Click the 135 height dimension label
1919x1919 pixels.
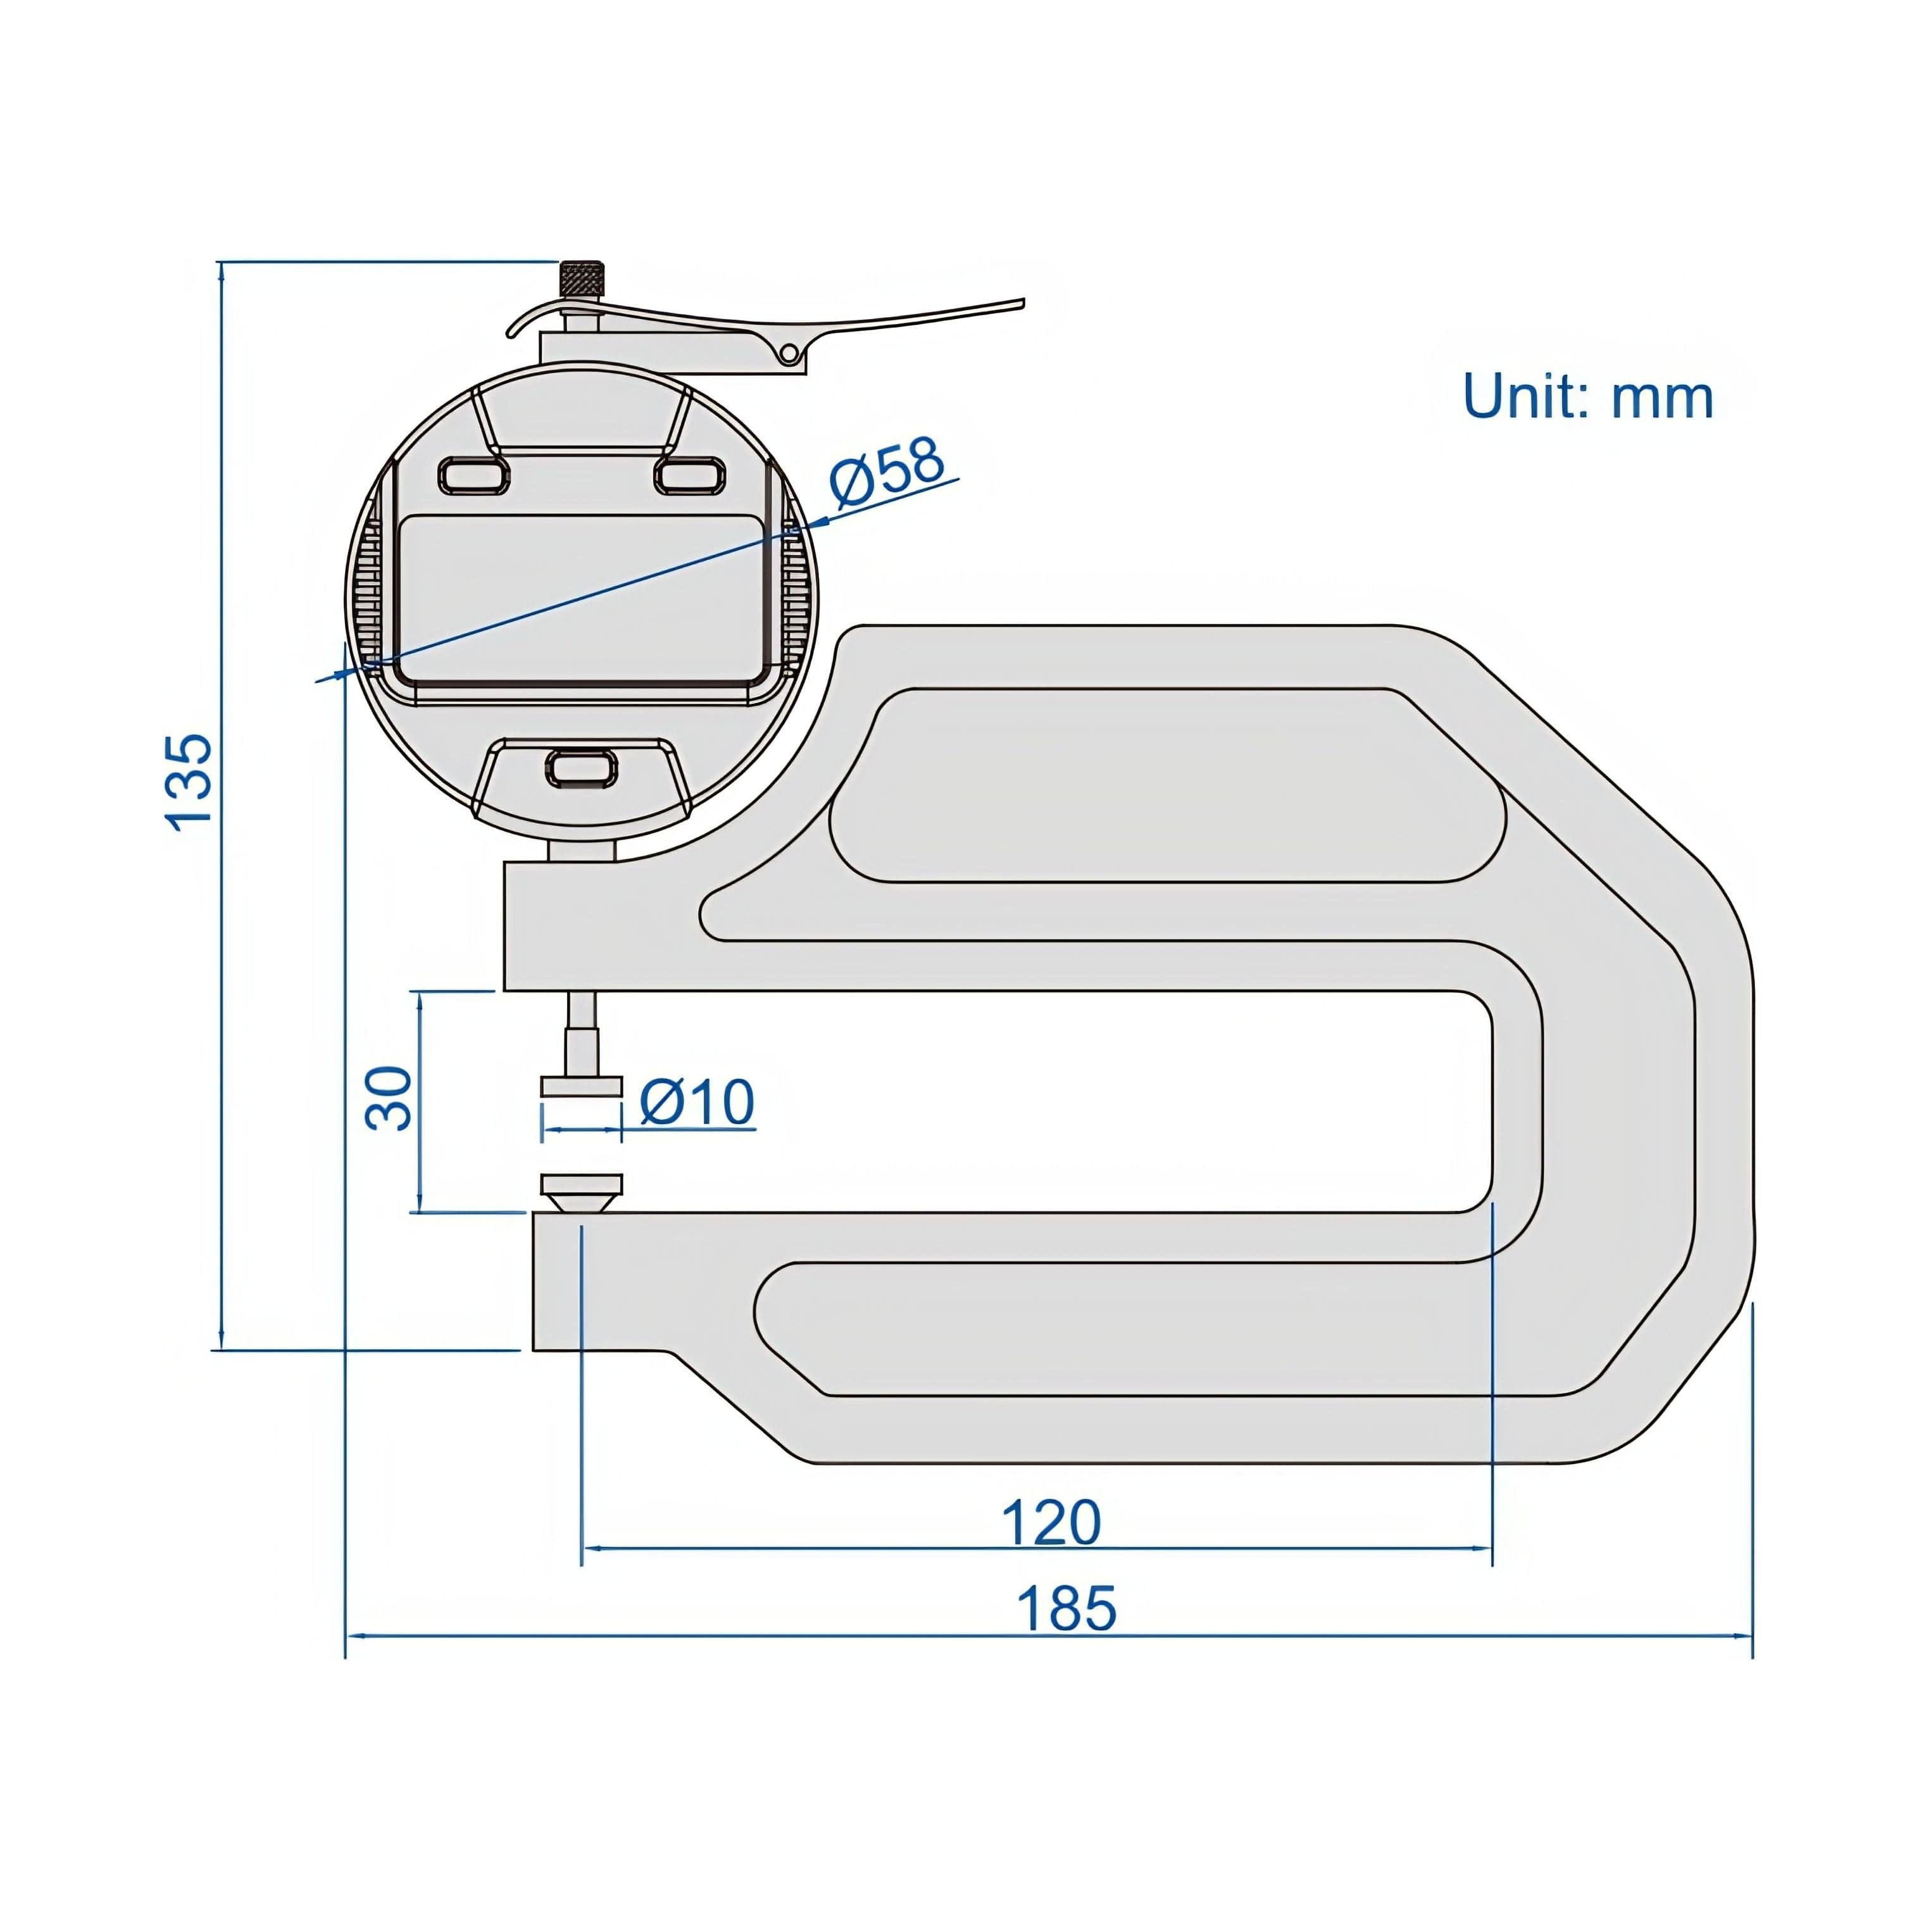(189, 782)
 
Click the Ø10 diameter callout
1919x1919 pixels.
(696, 1101)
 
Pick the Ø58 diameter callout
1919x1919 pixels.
(887, 472)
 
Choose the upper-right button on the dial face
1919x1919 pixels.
(689, 475)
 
